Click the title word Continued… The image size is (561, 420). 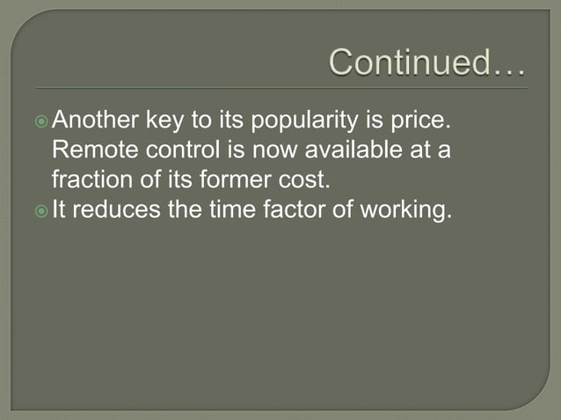[427, 63]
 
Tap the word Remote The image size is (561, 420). [92, 149]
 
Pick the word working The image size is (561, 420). [404, 211]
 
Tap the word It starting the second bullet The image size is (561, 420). [60, 210]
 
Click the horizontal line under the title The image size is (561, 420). [281, 88]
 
